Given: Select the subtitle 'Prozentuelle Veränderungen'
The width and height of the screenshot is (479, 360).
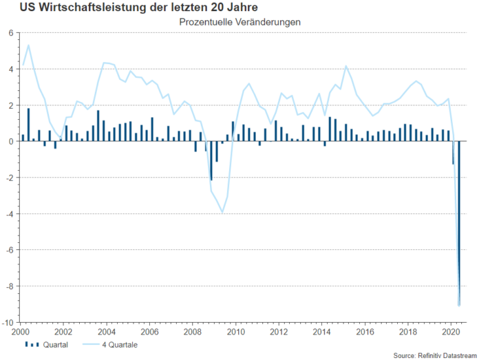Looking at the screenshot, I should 239,22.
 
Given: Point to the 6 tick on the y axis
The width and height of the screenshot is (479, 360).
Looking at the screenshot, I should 12,33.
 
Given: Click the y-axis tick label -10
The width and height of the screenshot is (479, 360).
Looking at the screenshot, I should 9,322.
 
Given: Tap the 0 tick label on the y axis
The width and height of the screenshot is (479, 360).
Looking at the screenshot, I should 12,142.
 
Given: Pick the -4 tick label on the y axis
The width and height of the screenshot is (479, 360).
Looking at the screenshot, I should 10,214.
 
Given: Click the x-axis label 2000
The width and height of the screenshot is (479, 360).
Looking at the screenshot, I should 20,331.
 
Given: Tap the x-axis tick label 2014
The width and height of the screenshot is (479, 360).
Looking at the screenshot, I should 322,331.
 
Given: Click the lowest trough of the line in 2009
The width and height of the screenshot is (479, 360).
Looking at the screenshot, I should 222,212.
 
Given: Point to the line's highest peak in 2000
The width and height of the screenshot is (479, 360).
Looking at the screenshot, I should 28,45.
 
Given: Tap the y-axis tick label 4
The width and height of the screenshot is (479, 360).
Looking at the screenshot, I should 12,70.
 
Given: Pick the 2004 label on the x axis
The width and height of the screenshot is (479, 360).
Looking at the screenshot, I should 107,331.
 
